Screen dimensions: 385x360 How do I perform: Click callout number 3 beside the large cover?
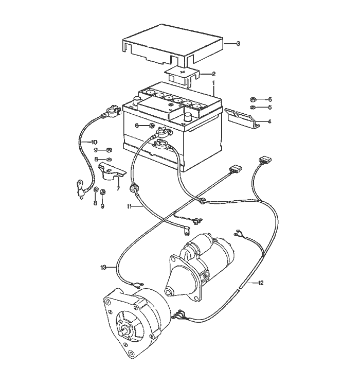click(x=238, y=44)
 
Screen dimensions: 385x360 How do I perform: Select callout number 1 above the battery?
click(x=213, y=83)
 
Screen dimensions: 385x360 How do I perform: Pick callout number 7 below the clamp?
click(x=118, y=189)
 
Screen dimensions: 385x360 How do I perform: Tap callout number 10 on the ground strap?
click(x=94, y=142)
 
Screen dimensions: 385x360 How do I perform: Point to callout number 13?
click(x=103, y=267)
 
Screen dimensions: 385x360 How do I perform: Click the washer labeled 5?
click(x=253, y=108)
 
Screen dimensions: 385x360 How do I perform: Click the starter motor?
click(x=206, y=262)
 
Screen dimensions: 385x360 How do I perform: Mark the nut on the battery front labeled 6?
click(x=152, y=126)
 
